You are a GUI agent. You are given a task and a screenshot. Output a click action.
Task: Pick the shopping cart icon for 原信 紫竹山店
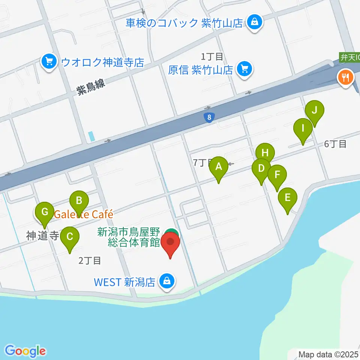point(245,69)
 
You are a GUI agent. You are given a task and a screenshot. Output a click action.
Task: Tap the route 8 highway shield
point(210,118)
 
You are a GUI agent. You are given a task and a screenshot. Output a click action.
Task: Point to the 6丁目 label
point(335,144)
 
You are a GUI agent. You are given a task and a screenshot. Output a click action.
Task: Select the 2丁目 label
point(90,261)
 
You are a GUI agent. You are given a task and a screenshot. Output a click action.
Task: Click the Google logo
point(25,351)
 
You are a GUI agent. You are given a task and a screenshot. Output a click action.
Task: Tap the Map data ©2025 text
point(328,354)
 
